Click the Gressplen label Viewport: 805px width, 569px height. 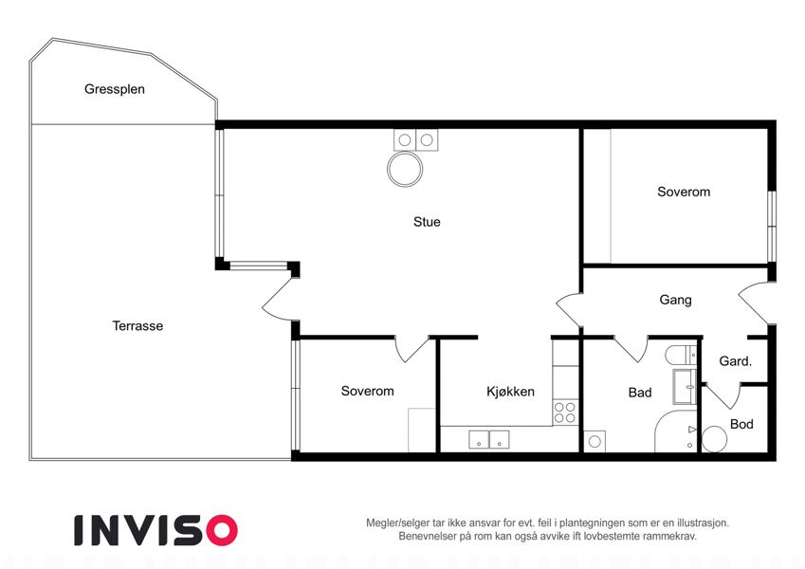point(115,89)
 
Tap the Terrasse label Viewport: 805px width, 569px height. point(137,326)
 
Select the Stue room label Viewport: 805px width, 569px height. point(427,222)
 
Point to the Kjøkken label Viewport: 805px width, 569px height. point(510,392)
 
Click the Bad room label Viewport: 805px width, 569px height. point(640,393)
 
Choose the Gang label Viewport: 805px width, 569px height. point(676,300)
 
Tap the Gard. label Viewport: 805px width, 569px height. point(735,361)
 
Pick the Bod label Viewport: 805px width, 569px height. point(741,424)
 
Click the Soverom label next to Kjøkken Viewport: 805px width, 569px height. point(368,392)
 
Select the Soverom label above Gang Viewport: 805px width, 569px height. point(684,193)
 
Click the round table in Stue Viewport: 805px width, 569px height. point(405,170)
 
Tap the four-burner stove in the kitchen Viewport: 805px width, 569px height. point(565,413)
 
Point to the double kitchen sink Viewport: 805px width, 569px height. point(488,440)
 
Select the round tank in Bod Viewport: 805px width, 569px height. point(714,439)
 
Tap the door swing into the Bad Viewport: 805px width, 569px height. point(631,349)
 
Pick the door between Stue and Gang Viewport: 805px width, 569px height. point(570,310)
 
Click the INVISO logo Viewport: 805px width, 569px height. point(156,530)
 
